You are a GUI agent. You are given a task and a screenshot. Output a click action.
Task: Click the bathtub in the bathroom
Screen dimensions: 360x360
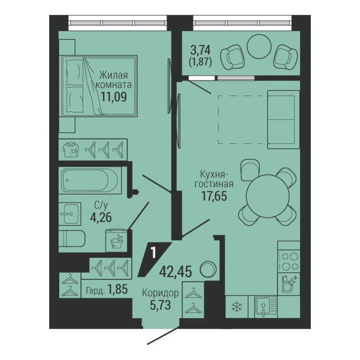click(90, 180)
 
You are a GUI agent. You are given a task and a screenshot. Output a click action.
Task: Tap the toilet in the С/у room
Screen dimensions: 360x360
click(72, 238)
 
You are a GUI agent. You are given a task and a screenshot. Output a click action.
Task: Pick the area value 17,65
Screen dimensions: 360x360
click(214, 195)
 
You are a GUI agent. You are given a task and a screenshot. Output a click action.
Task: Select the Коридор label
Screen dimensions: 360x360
click(160, 293)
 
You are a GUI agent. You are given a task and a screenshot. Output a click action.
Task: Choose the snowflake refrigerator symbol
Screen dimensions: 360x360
click(237, 307)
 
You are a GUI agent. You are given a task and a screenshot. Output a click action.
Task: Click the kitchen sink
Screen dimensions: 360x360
click(265, 306)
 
